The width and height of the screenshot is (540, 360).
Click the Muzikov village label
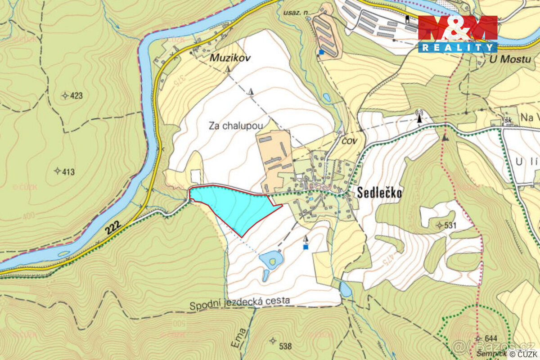[x=229, y=58]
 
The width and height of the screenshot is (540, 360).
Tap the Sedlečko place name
[x=379, y=193]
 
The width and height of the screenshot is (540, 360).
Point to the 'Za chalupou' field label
[x=235, y=126]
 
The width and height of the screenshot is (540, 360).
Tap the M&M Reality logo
[x=458, y=34]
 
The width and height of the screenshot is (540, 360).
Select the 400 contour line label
[x=28, y=217]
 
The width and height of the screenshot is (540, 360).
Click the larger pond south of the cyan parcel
[x=271, y=259]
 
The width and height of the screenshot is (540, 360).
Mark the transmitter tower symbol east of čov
[x=419, y=117]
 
